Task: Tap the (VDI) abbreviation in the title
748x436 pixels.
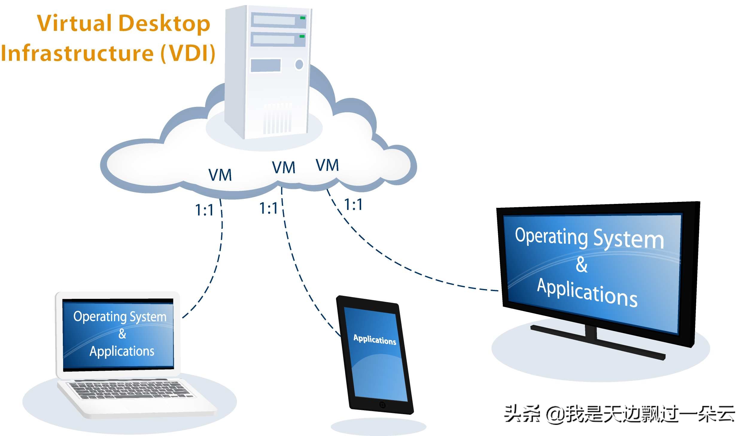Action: (x=188, y=53)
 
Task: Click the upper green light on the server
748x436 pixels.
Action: (x=302, y=18)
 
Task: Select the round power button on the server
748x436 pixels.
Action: (x=299, y=64)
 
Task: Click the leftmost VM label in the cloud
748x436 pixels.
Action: (x=220, y=175)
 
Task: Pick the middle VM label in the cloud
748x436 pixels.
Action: (x=283, y=167)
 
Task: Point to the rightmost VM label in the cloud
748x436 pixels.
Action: (x=327, y=165)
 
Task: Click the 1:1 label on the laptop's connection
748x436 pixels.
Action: (x=204, y=210)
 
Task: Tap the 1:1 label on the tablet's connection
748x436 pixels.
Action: (x=268, y=208)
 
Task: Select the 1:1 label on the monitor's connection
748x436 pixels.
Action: (x=353, y=205)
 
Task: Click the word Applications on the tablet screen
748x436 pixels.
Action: (x=375, y=340)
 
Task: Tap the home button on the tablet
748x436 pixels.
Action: (x=382, y=405)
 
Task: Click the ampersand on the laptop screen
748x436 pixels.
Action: (x=122, y=334)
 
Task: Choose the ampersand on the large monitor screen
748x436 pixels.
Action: (x=582, y=265)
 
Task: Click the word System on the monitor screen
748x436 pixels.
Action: (x=628, y=239)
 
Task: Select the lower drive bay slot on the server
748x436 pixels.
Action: (x=274, y=39)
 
